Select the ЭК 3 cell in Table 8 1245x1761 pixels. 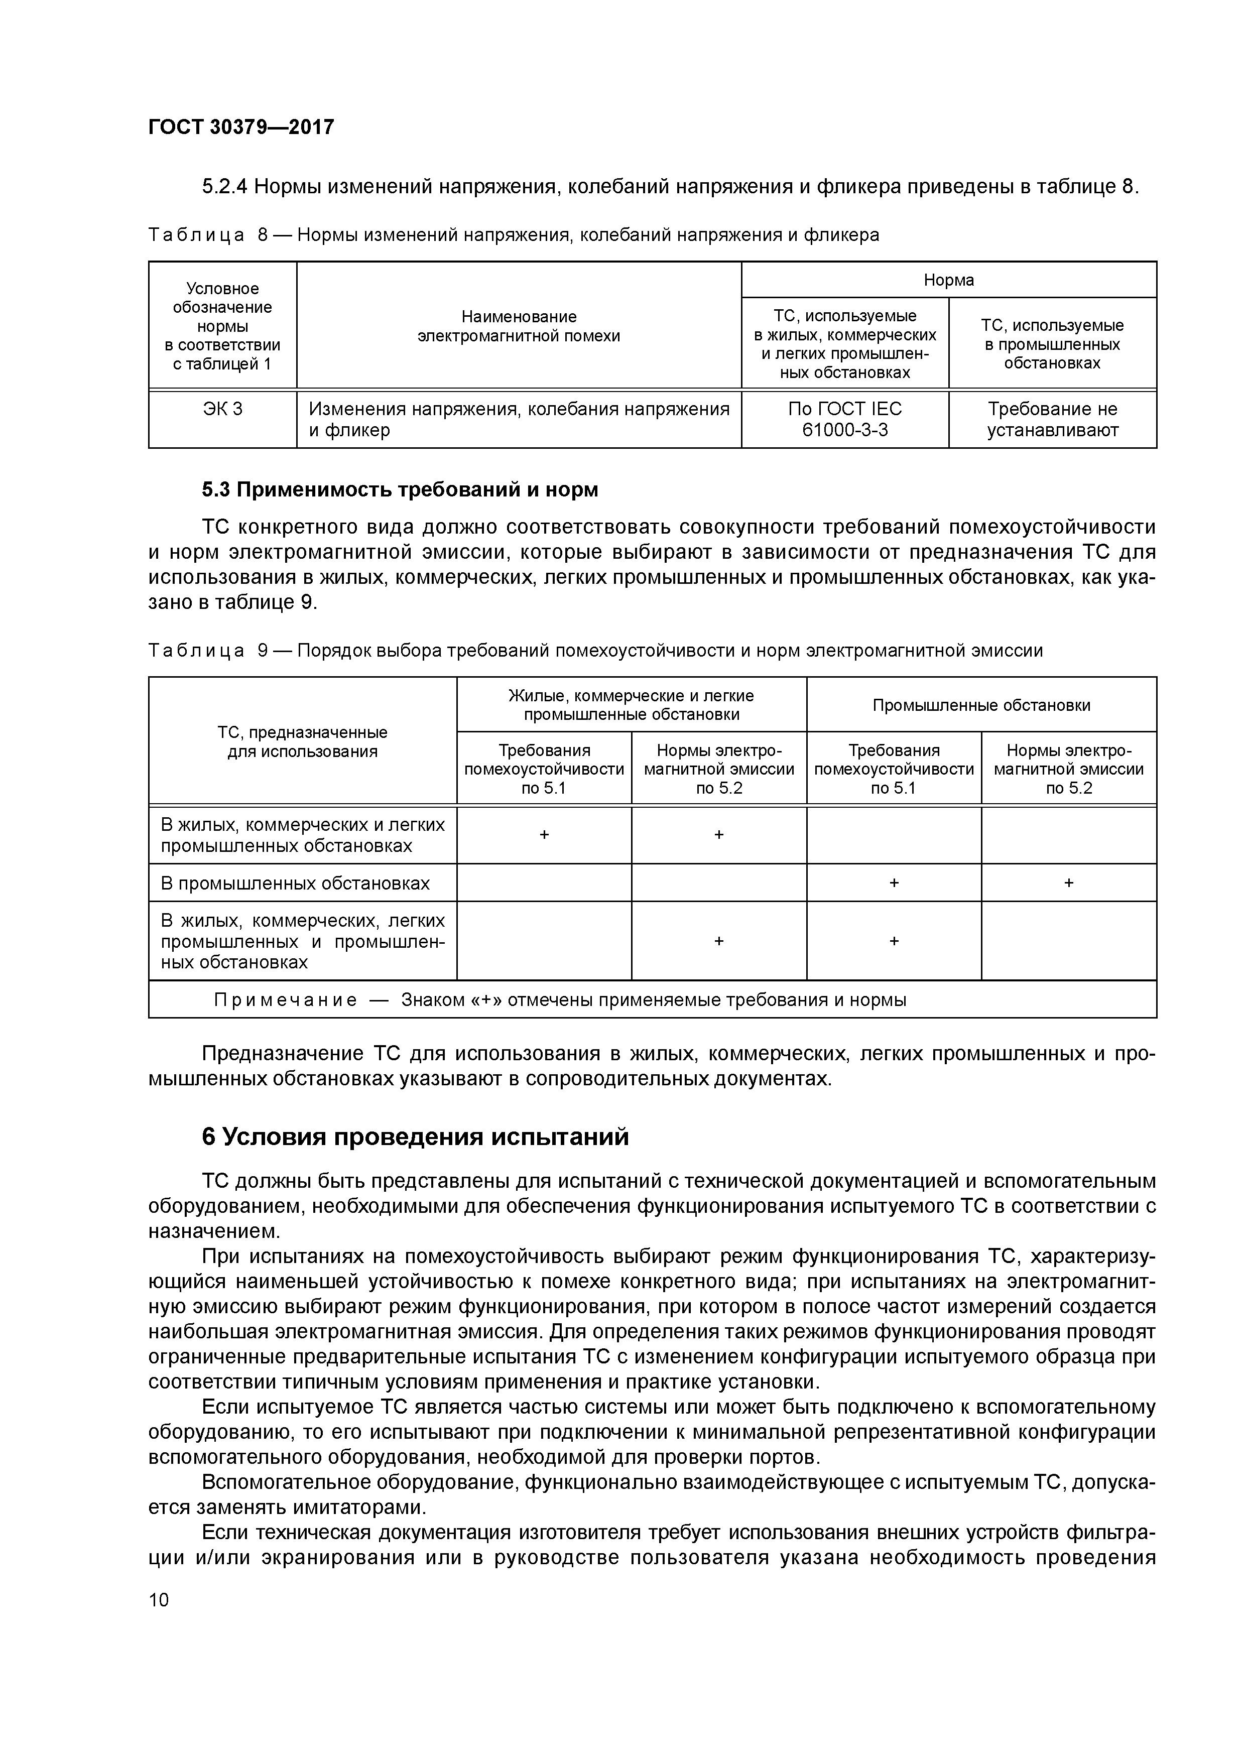[x=222, y=409]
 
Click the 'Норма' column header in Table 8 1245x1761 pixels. [x=948, y=280]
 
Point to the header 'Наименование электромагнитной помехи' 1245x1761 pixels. [x=519, y=326]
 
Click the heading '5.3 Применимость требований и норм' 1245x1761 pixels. [x=400, y=489]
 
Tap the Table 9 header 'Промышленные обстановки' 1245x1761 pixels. [x=981, y=705]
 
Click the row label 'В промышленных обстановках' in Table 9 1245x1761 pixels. [x=295, y=883]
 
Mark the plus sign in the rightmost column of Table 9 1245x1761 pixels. [x=1069, y=883]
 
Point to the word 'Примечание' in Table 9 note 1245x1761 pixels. [x=285, y=1000]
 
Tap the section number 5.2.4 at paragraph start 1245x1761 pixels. [x=225, y=186]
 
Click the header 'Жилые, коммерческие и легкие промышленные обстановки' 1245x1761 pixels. [x=632, y=705]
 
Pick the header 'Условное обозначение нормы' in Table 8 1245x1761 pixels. [x=222, y=326]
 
